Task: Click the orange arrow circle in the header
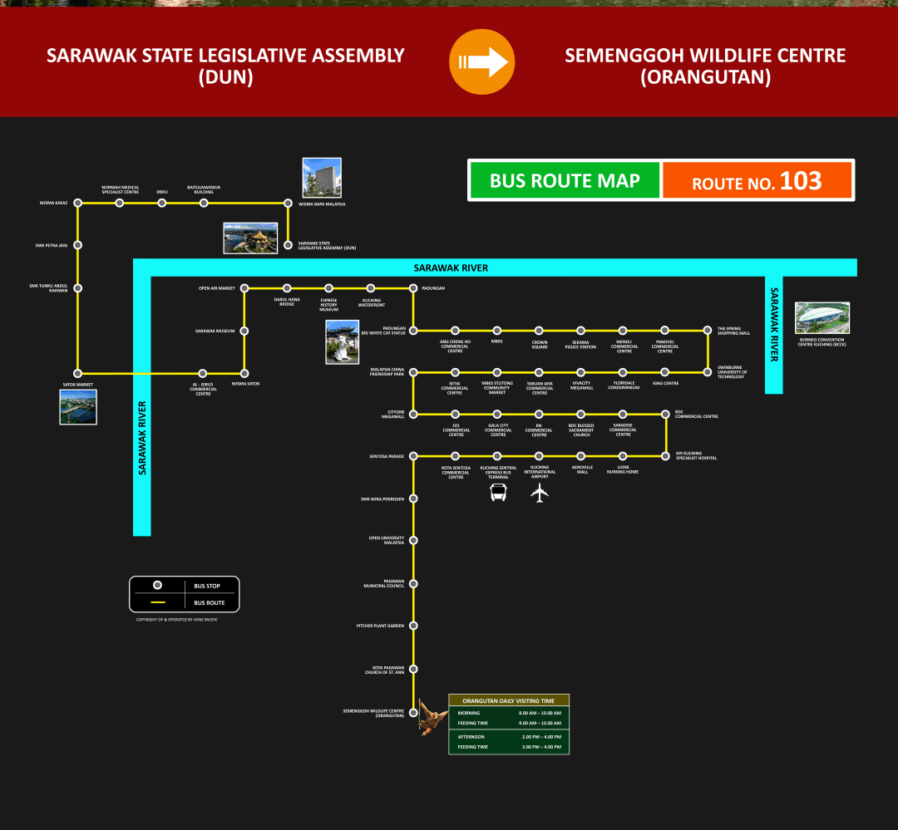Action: click(482, 61)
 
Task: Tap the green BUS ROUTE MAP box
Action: click(565, 180)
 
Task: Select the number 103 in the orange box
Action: click(801, 180)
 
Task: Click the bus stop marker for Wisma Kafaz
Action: click(77, 203)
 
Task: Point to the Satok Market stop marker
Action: click(77, 373)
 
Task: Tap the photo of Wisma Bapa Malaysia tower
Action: click(322, 178)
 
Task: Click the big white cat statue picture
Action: click(343, 342)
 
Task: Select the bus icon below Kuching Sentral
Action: click(498, 493)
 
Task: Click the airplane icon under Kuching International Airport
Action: click(540, 493)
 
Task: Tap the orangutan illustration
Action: click(431, 717)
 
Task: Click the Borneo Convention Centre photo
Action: click(822, 317)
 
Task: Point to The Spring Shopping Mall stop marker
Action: click(708, 330)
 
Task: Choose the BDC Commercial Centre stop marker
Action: click(666, 413)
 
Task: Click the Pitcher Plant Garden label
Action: click(380, 626)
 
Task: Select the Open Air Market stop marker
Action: click(244, 288)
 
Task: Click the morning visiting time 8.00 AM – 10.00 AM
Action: click(540, 713)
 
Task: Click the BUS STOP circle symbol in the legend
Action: click(157, 586)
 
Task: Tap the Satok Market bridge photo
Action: click(78, 407)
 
